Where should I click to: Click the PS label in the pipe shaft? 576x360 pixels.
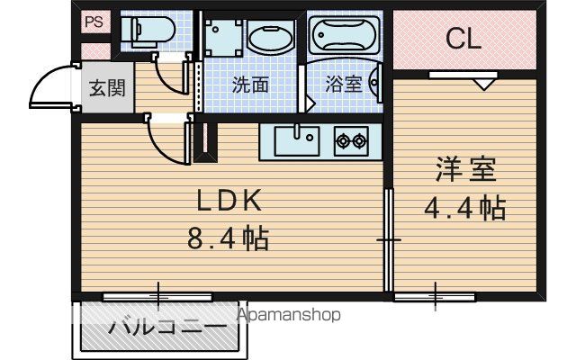[94, 22]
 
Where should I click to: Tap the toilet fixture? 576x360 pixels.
[148, 31]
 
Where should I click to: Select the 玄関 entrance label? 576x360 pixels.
[108, 88]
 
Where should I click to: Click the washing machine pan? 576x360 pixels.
[224, 38]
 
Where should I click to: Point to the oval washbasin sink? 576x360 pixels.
[272, 37]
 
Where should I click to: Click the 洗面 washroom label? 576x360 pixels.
[250, 85]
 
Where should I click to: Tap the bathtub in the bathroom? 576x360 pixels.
[345, 35]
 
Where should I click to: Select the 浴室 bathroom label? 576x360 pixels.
[344, 85]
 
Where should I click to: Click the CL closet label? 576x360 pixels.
[463, 39]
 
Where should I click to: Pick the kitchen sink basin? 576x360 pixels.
[297, 141]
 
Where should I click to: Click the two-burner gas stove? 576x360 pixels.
[351, 141]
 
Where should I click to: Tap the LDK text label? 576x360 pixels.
[229, 200]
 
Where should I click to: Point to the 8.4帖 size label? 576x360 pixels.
[228, 238]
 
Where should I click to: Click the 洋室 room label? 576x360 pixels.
[466, 169]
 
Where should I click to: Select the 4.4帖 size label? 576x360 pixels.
[465, 208]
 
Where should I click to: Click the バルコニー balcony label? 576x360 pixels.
[167, 326]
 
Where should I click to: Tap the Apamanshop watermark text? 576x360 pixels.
[289, 315]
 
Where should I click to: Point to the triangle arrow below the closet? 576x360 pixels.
[483, 84]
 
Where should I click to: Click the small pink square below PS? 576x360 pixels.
[95, 51]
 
